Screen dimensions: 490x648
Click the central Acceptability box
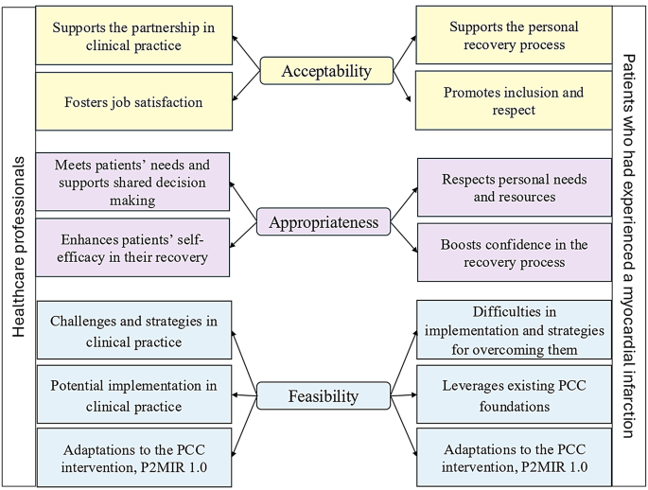[326, 71]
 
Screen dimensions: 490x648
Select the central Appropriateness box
[324, 222]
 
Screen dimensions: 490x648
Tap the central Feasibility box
[323, 395]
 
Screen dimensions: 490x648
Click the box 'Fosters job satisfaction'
[132, 102]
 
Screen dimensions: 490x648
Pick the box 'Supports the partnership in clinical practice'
[132, 36]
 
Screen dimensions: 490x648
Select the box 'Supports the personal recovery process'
[514, 36]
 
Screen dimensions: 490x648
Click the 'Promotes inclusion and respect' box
[514, 102]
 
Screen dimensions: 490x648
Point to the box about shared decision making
[132, 182]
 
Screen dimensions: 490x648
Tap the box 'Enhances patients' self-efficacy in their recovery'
[132, 249]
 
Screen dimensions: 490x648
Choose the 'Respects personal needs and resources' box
[514, 187]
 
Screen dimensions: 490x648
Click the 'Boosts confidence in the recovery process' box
[514, 252]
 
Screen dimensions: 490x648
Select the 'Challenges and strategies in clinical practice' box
[132, 331]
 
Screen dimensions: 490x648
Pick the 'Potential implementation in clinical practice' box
[132, 395]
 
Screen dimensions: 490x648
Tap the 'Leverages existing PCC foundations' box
[514, 395]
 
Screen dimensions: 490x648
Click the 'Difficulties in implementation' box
[514, 331]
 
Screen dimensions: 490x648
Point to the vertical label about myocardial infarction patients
[629, 245]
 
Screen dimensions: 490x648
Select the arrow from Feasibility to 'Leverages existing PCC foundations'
[403, 395]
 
